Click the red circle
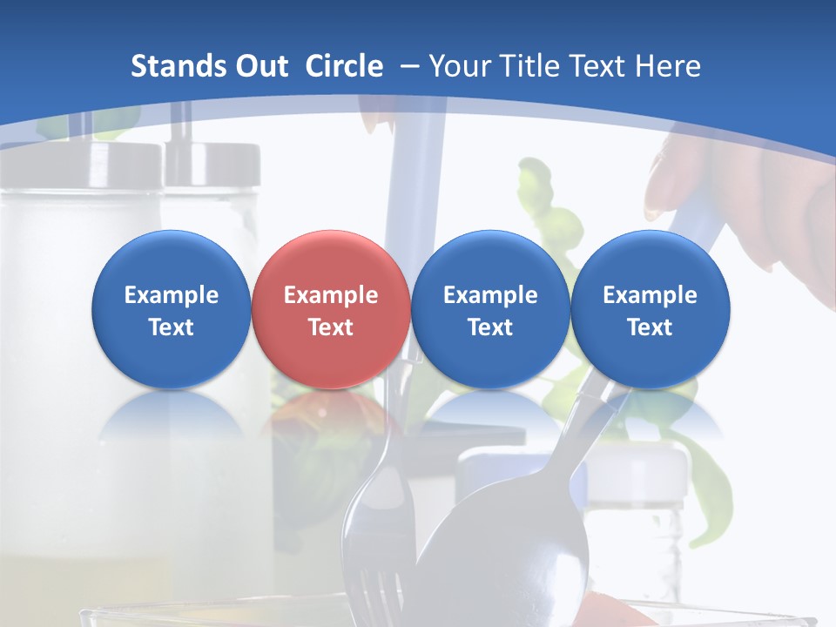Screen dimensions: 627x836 pyautogui.click(x=331, y=309)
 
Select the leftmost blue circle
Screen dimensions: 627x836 pyautogui.click(x=172, y=309)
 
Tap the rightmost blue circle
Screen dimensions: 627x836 pyautogui.click(x=650, y=309)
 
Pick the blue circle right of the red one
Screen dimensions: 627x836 pyautogui.click(x=490, y=309)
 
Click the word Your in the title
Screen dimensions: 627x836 pyautogui.click(x=459, y=66)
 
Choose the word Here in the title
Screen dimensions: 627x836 pyautogui.click(x=668, y=66)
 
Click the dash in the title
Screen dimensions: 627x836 pyautogui.click(x=408, y=66)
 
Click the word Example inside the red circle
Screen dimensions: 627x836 pyautogui.click(x=331, y=295)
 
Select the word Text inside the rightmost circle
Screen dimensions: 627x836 pyautogui.click(x=650, y=327)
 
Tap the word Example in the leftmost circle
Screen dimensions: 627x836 pyautogui.click(x=172, y=295)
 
